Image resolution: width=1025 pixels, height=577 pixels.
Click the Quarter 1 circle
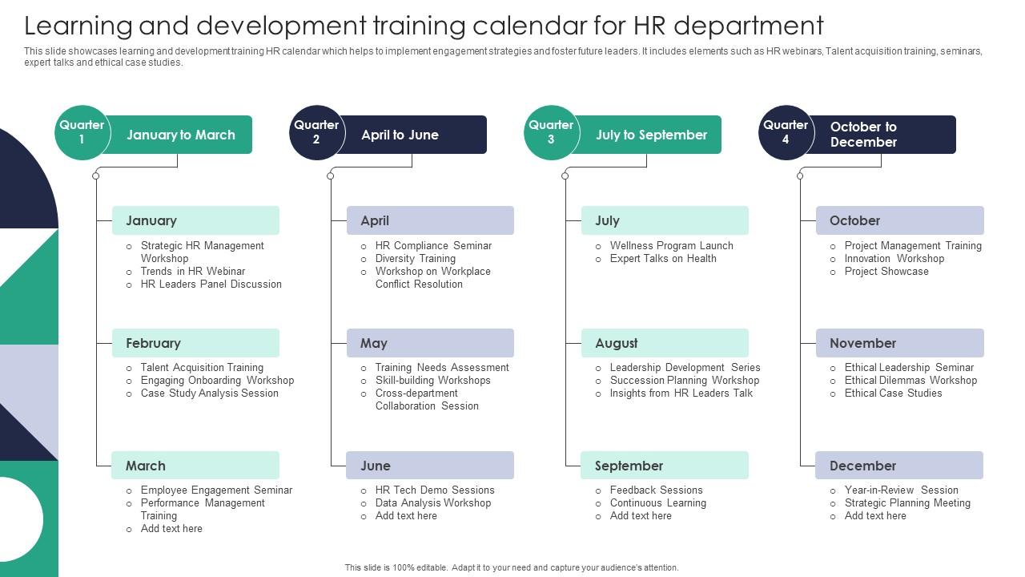point(82,133)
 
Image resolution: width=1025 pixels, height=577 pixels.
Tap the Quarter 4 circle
point(786,133)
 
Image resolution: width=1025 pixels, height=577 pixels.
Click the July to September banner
point(649,135)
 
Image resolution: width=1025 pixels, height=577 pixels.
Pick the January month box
point(195,220)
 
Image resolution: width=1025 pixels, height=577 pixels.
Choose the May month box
point(430,343)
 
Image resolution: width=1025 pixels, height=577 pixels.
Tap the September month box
point(665,466)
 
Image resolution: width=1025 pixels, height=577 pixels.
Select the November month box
point(899,343)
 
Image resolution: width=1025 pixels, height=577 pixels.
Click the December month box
point(899,466)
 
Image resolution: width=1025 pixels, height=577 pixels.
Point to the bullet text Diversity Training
point(415,258)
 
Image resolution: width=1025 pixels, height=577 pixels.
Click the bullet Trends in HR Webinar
point(193,271)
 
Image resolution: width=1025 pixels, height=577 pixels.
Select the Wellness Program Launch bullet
point(671,245)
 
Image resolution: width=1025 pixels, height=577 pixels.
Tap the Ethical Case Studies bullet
point(893,393)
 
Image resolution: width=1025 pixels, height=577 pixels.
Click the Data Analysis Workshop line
point(433,502)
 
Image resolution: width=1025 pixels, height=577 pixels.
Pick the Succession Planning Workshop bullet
point(685,380)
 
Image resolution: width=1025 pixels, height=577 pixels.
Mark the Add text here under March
point(171,528)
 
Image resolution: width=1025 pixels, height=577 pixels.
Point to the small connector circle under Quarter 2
point(331,176)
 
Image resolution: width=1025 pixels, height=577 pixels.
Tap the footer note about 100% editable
point(512,567)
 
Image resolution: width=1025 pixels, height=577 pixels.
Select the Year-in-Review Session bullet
point(901,490)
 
